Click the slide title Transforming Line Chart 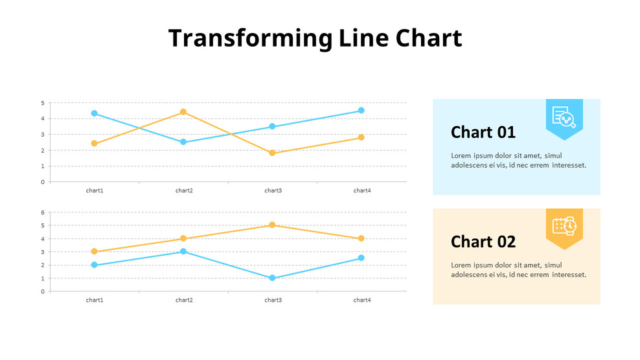[x=315, y=38]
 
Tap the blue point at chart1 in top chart [x=95, y=113]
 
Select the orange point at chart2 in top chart [x=183, y=112]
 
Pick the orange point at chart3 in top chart [x=272, y=153]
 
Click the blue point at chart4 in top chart [x=361, y=111]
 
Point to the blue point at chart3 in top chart [x=272, y=126]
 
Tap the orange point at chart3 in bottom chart [x=272, y=225]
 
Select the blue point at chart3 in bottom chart [x=272, y=278]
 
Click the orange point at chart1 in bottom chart [x=95, y=252]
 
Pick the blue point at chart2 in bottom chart [x=183, y=251]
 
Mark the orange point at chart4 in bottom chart [x=361, y=238]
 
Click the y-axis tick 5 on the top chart [x=43, y=103]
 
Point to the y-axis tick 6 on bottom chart [x=43, y=212]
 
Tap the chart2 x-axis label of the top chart [x=184, y=190]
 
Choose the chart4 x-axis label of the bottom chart [x=362, y=300]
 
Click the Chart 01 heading [x=483, y=132]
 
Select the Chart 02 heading [x=483, y=242]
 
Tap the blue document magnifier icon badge [x=564, y=117]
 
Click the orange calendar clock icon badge [x=564, y=227]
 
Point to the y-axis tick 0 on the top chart [x=43, y=182]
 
